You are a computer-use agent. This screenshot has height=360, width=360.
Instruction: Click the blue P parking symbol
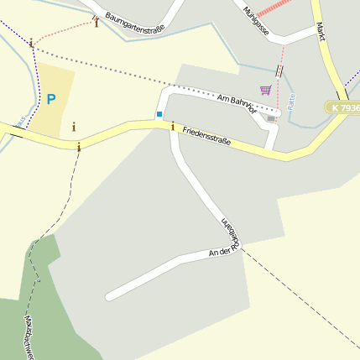[x=51, y=100]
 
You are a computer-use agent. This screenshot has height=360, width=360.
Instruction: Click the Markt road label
[x=320, y=31]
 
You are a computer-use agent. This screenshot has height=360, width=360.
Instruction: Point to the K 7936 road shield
[x=344, y=108]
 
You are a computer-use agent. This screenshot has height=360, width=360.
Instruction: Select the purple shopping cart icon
[x=266, y=90]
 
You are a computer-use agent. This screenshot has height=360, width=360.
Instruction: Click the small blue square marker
[x=159, y=114]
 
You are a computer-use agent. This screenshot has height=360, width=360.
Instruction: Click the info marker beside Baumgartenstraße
[x=97, y=23]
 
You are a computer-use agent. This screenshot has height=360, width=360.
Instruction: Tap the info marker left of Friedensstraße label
[x=173, y=127]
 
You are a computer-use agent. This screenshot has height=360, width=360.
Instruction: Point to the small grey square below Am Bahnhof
[x=270, y=118]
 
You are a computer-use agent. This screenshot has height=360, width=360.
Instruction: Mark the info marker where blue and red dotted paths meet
[x=31, y=43]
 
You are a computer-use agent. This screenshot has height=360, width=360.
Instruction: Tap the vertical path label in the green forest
[x=29, y=336]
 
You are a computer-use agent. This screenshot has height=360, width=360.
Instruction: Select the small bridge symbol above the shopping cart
[x=279, y=70]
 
